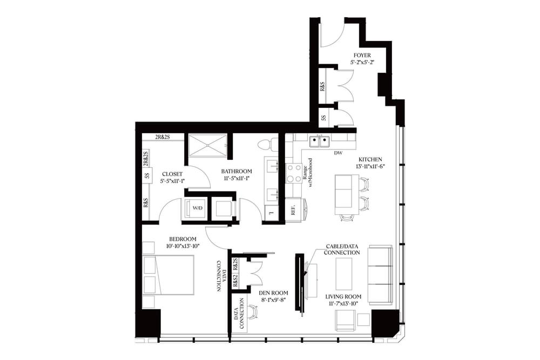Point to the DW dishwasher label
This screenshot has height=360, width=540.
click(339, 153)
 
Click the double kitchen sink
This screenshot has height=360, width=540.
click(319, 141)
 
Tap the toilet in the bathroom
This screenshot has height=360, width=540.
click(265, 145)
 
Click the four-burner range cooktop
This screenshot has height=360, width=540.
click(294, 173)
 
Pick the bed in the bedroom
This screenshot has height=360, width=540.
click(168, 275)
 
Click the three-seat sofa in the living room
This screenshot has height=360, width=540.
click(380, 274)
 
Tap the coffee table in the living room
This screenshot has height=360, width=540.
click(343, 274)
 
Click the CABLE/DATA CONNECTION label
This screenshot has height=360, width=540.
click(342, 249)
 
